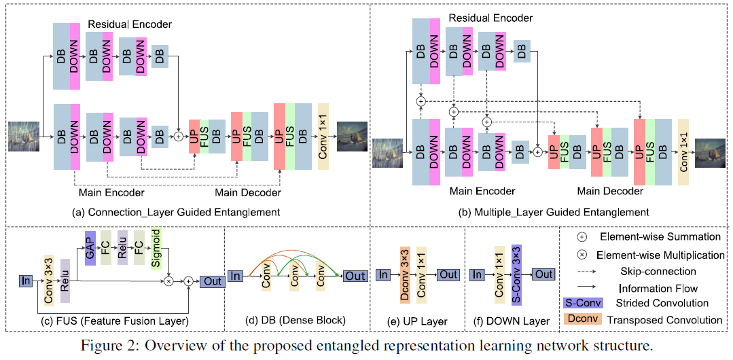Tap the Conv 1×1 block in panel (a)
[x=323, y=137]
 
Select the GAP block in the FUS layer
[x=89, y=248]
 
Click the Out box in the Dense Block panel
[x=355, y=276]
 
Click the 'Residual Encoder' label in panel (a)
[x=130, y=24]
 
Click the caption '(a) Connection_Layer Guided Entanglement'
[x=176, y=213]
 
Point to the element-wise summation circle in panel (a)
[x=179, y=137]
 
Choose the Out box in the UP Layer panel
[x=448, y=274]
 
